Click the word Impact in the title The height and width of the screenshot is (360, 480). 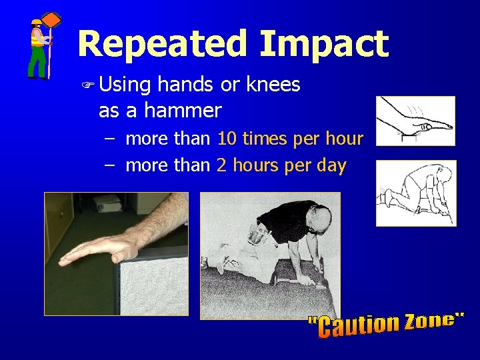click(x=325, y=44)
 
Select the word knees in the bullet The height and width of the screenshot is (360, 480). click(x=273, y=85)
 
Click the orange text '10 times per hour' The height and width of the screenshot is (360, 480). click(x=291, y=139)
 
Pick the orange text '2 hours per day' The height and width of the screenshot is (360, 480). click(x=281, y=165)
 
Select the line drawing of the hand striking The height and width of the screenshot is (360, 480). click(x=415, y=121)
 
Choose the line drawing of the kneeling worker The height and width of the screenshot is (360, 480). click(x=416, y=193)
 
